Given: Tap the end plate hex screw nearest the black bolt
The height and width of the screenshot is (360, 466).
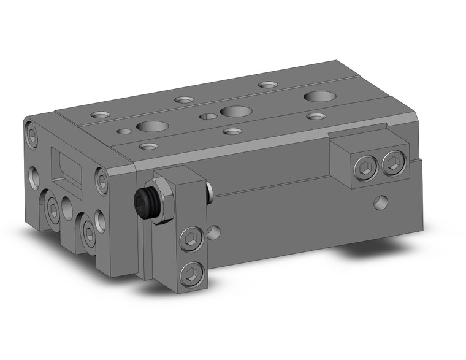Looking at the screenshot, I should point(102,180).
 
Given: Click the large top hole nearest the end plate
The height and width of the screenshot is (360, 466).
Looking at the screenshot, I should point(152,127).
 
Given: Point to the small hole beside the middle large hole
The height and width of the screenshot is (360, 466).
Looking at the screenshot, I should point(209,116).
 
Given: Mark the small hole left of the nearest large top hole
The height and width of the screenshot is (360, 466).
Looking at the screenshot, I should point(126,130).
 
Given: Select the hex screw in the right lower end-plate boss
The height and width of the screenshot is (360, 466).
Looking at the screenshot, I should point(90,232).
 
